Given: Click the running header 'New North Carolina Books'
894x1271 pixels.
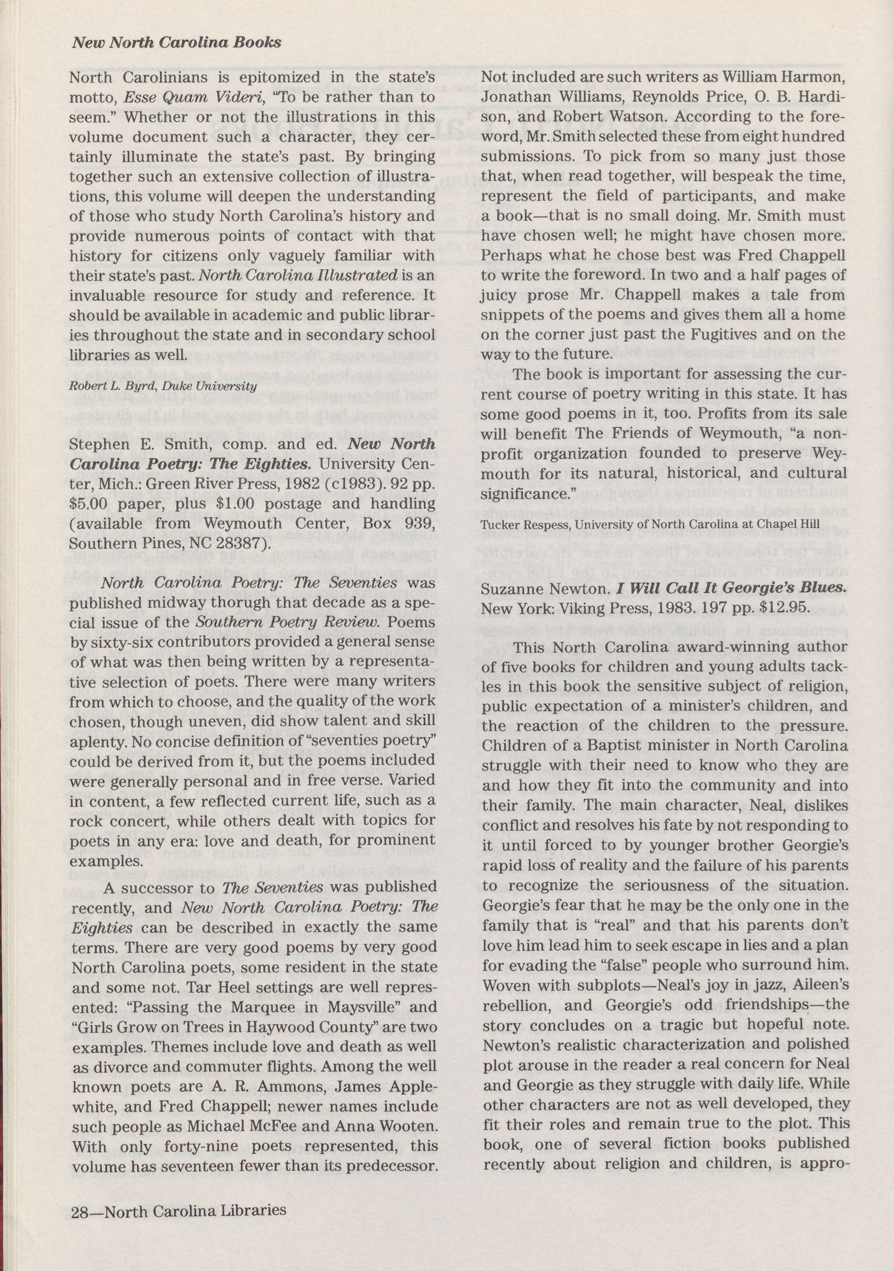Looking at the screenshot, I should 177,42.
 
